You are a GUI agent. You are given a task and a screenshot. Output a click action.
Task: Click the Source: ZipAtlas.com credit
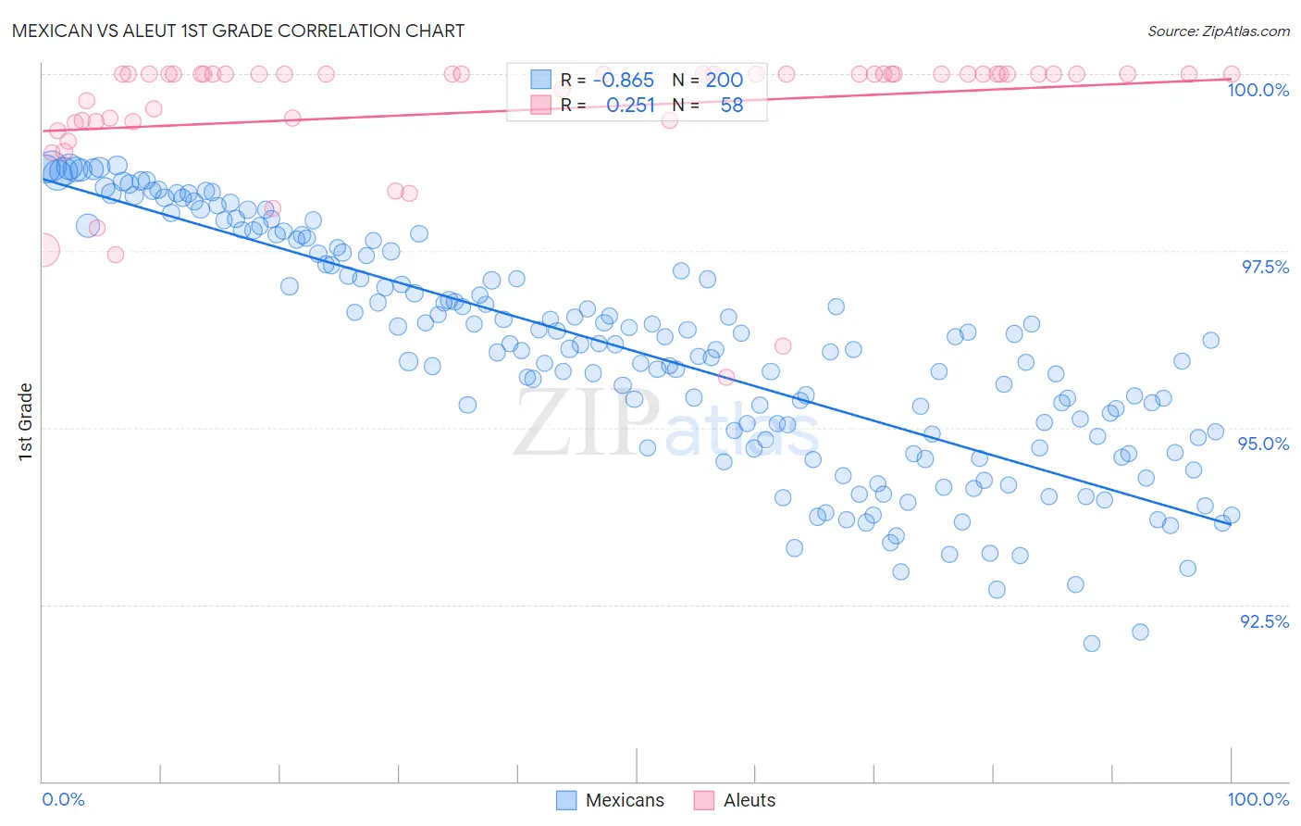click(1218, 31)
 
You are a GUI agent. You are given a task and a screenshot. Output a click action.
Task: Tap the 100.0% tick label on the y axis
click(1258, 90)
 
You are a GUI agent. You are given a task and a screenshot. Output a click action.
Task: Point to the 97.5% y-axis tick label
click(1264, 267)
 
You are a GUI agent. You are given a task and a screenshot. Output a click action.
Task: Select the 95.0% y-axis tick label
click(1264, 444)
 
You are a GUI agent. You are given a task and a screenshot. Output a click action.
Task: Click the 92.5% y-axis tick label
click(1264, 621)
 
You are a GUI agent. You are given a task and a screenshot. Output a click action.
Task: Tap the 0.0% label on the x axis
click(64, 799)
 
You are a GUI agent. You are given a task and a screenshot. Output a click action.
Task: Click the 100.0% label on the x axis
click(1258, 799)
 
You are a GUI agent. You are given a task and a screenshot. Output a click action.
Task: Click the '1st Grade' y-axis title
click(26, 421)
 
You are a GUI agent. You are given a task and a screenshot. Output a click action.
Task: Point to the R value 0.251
click(630, 106)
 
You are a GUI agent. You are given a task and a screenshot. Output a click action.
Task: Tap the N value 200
click(725, 81)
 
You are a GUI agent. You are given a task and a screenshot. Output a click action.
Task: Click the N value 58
click(731, 106)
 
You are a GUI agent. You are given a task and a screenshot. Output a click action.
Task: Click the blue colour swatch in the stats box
click(540, 81)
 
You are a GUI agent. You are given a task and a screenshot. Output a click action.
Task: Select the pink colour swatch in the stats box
click(540, 106)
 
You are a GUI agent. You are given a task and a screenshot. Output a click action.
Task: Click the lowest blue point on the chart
click(1091, 644)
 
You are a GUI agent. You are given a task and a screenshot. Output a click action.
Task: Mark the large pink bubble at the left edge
click(43, 250)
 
